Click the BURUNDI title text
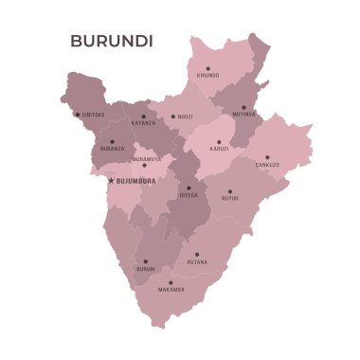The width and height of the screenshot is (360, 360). [112, 41]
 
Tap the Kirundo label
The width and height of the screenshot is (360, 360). [207, 75]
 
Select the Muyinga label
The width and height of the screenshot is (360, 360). [243, 114]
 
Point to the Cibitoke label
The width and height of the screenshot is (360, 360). [94, 115]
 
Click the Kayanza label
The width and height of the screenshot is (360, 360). [144, 123]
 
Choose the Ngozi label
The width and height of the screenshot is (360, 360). [185, 117]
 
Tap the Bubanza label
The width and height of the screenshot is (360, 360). [112, 149]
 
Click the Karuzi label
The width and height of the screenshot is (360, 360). [220, 149]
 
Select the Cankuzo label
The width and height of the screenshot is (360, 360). [267, 164]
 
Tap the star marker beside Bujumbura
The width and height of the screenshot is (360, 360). [111, 180]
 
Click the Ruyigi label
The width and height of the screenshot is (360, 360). [230, 198]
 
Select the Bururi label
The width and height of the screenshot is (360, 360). [145, 268]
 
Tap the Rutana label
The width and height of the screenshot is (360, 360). [197, 261]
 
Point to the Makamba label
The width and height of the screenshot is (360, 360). [171, 289]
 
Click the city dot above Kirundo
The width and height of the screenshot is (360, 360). [207, 67]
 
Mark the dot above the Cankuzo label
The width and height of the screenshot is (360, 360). [267, 157]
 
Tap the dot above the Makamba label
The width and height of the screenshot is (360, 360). [171, 281]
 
